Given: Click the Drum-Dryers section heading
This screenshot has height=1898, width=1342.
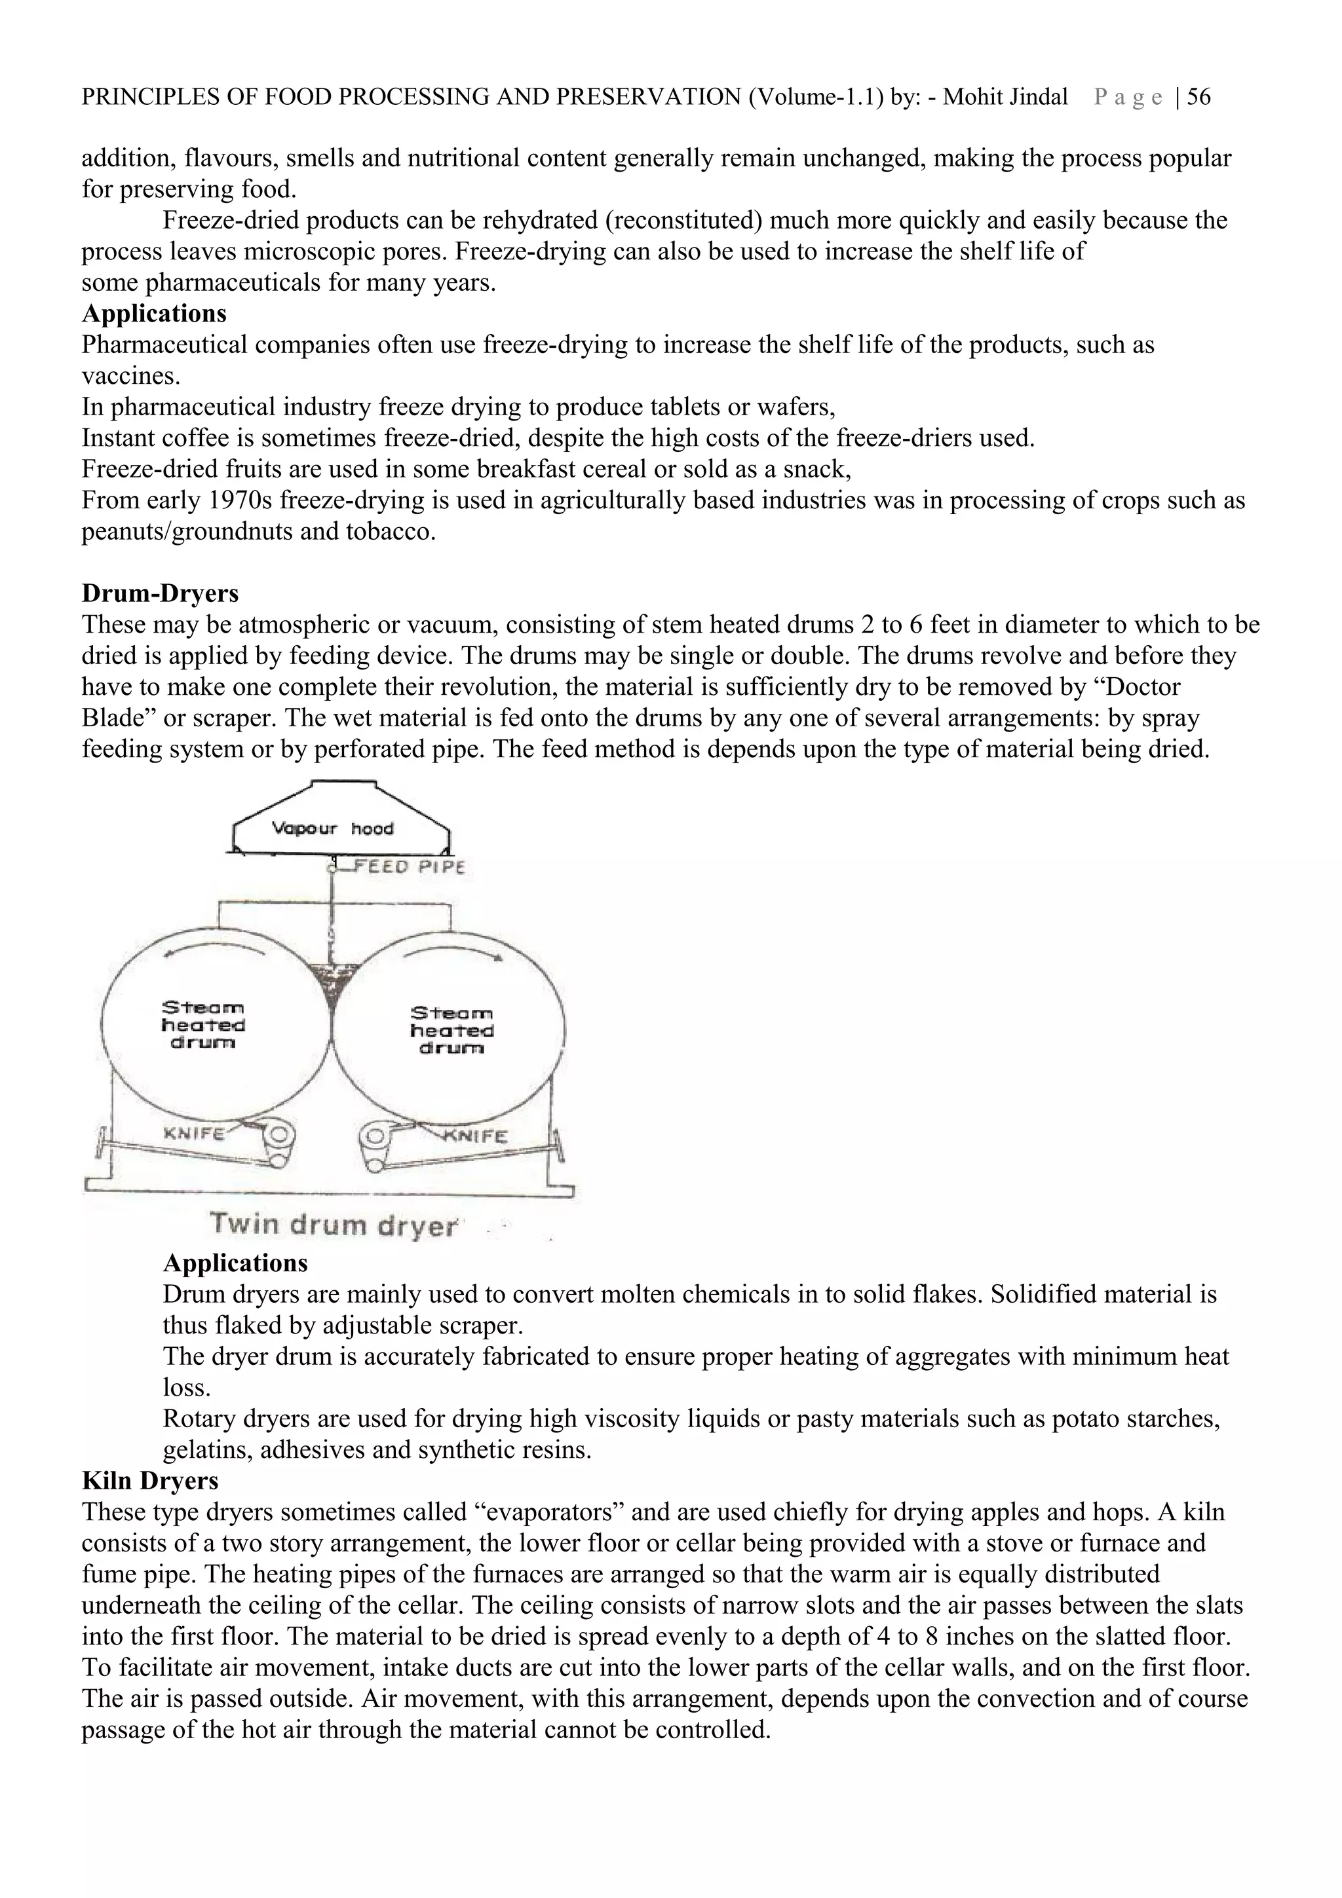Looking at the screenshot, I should [160, 593].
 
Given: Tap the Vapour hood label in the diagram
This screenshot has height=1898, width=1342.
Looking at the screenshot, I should [334, 828].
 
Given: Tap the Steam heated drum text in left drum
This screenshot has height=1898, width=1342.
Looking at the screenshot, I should [202, 1025].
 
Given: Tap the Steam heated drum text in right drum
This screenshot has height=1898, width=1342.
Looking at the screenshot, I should [451, 1030].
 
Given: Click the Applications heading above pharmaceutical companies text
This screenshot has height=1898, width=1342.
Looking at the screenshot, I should [154, 314].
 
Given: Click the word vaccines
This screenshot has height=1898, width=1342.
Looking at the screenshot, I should [129, 376].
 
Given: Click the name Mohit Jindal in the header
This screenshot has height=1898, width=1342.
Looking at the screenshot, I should [1005, 98].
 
